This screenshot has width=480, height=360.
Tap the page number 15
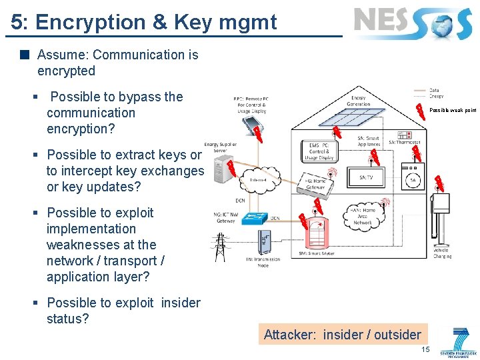pos(425,349)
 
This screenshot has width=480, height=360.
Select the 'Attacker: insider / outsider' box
pos(342,335)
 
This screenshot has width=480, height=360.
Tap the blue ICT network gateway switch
pos(254,217)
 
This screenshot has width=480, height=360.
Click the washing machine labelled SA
pos(412,180)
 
